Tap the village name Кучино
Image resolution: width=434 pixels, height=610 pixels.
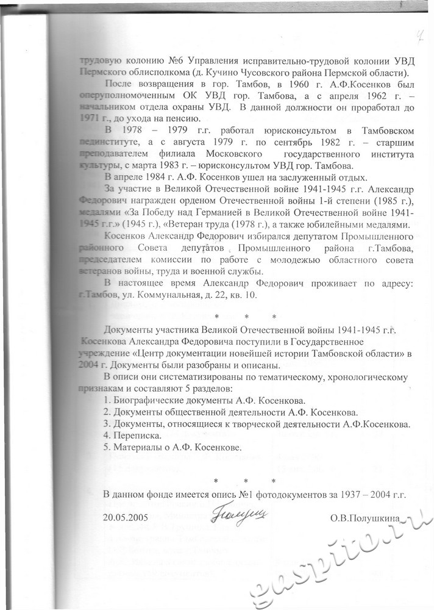(222, 71)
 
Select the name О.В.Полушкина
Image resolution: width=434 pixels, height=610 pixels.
(365, 518)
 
